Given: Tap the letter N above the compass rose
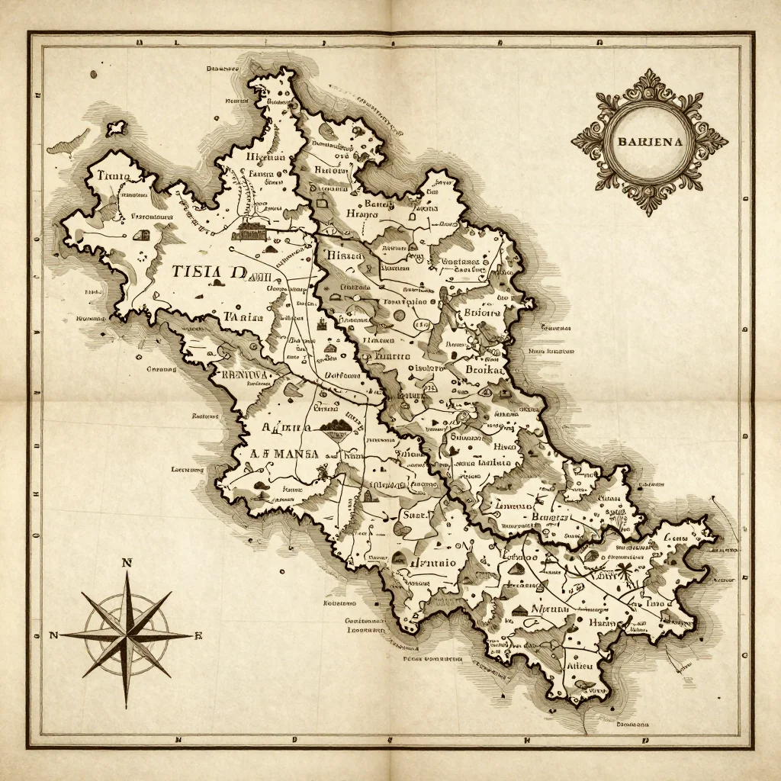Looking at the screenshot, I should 127,564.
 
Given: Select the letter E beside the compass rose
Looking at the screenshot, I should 198,635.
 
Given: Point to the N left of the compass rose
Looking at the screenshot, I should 53,635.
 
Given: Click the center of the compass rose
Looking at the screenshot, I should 127,635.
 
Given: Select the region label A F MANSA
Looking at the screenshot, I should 284,453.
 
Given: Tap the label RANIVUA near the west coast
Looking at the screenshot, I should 243,374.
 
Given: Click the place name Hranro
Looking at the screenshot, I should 362,215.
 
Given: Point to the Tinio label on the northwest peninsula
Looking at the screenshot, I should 114,176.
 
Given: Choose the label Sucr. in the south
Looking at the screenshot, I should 417,515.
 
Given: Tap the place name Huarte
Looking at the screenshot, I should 390,356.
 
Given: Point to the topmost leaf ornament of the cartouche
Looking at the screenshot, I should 650,76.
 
